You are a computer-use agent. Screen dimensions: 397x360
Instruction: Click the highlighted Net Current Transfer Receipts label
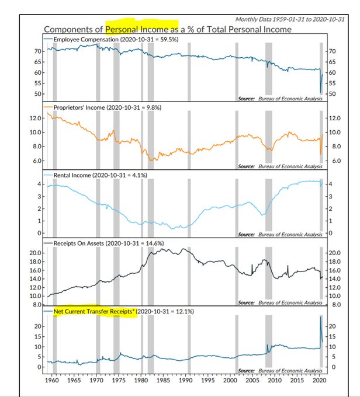coord(94,312)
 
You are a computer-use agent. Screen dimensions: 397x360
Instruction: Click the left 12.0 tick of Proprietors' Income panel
coord(35,118)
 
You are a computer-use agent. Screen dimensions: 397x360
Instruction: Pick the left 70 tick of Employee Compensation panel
coord(37,51)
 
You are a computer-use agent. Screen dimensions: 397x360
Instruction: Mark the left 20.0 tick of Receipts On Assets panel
coord(35,253)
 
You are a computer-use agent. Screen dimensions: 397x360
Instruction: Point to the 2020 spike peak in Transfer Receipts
coord(320,317)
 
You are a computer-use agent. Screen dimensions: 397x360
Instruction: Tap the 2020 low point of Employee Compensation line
coord(320,92)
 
